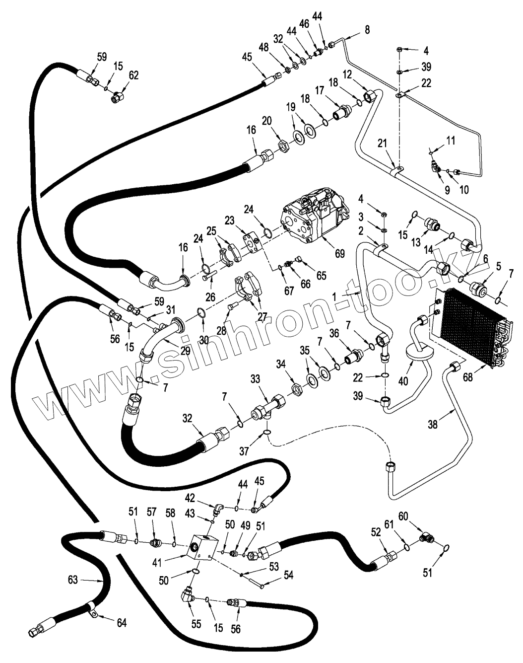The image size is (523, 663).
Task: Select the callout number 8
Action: [367, 30]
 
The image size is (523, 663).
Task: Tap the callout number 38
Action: [434, 424]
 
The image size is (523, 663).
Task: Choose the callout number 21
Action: [382, 144]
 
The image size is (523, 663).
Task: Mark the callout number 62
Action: [133, 75]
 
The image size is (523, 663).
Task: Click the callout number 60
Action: [403, 516]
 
